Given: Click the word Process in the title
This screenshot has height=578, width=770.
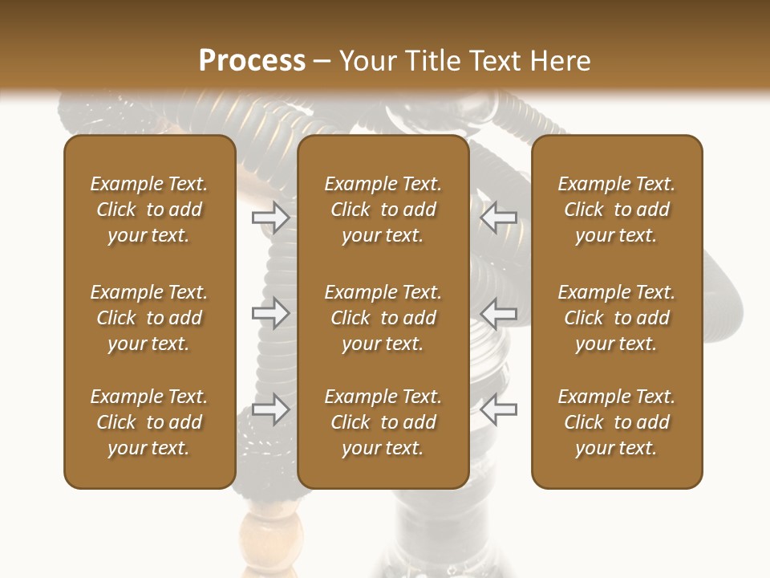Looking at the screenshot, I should point(252,61).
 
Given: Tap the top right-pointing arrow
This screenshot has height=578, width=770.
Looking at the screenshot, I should point(270,217).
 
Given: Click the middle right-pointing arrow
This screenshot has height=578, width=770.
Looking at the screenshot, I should point(270,312).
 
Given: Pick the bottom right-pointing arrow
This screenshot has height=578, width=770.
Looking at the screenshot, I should point(270,409).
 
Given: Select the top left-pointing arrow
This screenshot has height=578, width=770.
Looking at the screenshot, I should point(498,217).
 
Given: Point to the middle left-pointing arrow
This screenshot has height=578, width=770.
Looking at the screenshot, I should point(498,312).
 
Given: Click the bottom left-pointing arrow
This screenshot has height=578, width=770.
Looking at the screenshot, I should point(498,409).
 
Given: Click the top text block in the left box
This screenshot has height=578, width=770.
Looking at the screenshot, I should point(149,210).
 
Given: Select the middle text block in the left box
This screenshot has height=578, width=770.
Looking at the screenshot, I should point(149,318).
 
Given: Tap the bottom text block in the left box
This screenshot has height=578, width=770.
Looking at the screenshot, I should point(149,422).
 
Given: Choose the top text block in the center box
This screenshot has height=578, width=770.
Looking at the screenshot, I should point(383,210).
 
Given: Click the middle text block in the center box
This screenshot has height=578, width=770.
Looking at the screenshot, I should point(383,318).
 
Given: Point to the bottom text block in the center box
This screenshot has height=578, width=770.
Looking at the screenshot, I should point(383,422).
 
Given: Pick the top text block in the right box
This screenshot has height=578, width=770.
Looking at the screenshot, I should point(616,210).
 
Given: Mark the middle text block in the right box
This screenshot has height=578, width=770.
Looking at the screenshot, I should point(616,318).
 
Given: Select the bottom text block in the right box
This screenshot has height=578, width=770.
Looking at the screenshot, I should point(616,422).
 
